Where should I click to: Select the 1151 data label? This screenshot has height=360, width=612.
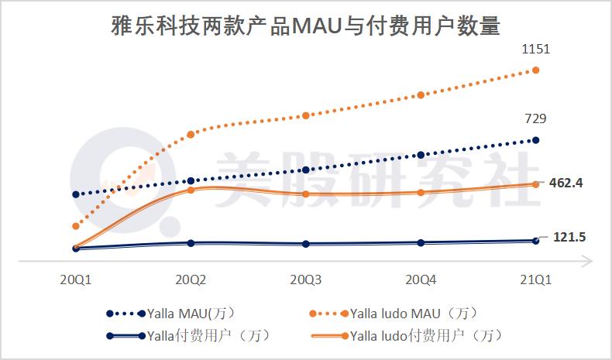(x=535, y=50)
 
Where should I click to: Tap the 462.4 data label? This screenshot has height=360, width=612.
(x=566, y=183)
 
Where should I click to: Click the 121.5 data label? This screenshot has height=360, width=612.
(x=569, y=237)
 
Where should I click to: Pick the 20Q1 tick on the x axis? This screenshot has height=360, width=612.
(x=76, y=279)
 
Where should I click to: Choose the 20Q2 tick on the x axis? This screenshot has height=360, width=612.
(x=191, y=279)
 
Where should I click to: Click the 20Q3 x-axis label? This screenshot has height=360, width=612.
(x=305, y=279)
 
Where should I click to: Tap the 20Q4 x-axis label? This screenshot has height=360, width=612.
(x=420, y=279)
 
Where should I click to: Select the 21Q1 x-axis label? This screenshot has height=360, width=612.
(x=535, y=279)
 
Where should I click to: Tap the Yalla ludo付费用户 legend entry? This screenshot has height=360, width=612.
(x=409, y=336)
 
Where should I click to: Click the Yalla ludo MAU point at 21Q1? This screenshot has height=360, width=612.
(x=535, y=70)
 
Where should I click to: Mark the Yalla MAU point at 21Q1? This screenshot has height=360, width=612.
(x=535, y=140)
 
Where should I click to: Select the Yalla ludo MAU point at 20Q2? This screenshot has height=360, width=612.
(x=191, y=135)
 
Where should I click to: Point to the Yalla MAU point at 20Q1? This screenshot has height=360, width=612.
(x=76, y=194)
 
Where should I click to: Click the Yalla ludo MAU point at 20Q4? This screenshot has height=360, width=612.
(x=421, y=95)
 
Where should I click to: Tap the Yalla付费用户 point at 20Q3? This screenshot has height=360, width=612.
(x=305, y=243)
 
